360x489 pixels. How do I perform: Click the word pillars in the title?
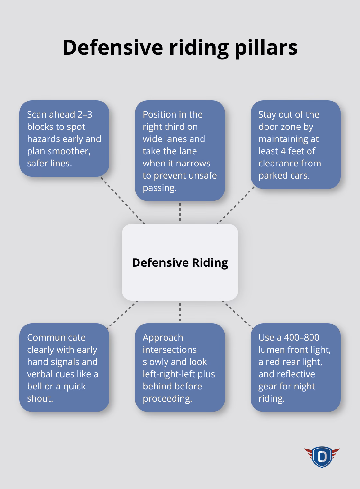coord(266,48)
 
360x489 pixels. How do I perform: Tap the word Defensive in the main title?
coord(113,48)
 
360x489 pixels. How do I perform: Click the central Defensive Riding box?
coord(180,262)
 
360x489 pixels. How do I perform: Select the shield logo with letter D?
coord(322,457)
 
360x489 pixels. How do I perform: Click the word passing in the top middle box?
coord(159,188)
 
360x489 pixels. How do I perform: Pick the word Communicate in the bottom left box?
coord(56,337)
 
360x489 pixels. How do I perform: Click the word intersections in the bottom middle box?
coord(169,350)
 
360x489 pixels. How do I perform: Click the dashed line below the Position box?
coord(180,212)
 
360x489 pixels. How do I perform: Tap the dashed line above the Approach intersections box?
coord(180,312)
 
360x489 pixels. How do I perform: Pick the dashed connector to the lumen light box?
coord(238,315)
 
